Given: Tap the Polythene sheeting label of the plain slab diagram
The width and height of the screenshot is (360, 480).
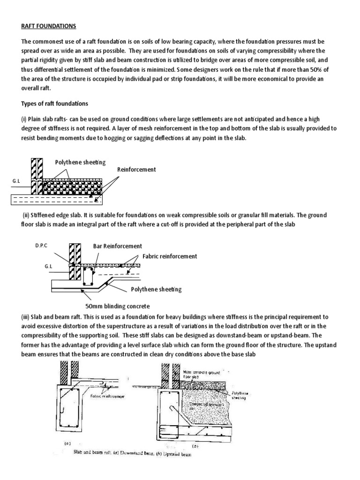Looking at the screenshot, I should point(80,162).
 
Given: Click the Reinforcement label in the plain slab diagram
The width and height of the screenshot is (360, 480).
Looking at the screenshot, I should point(136,169).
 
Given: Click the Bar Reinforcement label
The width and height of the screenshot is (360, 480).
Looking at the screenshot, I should point(117,246).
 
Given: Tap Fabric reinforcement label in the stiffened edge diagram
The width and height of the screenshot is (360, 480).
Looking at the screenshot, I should point(167,256).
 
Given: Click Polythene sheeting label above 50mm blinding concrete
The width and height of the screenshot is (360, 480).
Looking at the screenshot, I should point(153,289).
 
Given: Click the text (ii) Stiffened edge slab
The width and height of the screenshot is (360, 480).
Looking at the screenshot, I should point(52,215).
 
